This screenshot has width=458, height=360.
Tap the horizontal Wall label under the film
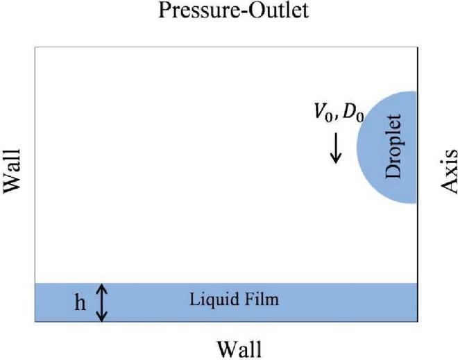coord(239,346)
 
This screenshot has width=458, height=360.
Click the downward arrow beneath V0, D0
coord(335,148)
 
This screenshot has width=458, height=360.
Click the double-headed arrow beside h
coord(102,303)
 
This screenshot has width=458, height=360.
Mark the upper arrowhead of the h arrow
coord(102,287)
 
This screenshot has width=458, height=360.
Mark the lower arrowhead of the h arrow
coord(102,319)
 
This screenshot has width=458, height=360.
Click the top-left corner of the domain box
coord(35,47)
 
